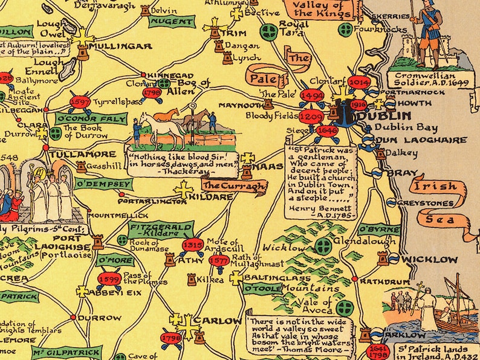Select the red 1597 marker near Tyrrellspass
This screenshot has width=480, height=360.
[80, 102]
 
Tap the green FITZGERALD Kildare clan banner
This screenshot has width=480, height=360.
[153, 229]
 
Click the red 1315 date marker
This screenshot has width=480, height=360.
[192, 245]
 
